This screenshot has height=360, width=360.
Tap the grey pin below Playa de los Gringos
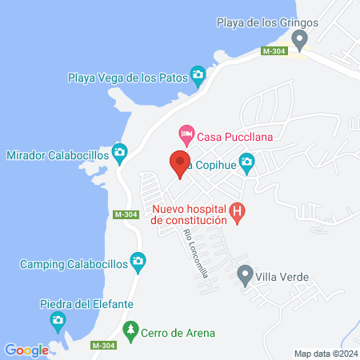[x=300, y=38]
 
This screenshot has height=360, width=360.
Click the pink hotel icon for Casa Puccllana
[x=186, y=131]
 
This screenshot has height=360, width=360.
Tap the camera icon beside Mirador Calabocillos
[x=120, y=151]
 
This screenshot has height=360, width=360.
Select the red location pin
[x=179, y=162]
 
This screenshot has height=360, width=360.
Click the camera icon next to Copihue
[x=247, y=162]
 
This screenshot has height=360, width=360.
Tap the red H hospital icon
[x=237, y=212]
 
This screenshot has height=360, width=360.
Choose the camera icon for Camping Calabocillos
[x=138, y=261]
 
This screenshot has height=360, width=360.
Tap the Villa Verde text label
[x=282, y=280]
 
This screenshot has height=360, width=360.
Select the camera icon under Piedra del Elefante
[x=58, y=321]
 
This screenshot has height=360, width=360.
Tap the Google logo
[x=26, y=350]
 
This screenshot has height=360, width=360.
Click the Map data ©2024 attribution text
[x=325, y=354]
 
